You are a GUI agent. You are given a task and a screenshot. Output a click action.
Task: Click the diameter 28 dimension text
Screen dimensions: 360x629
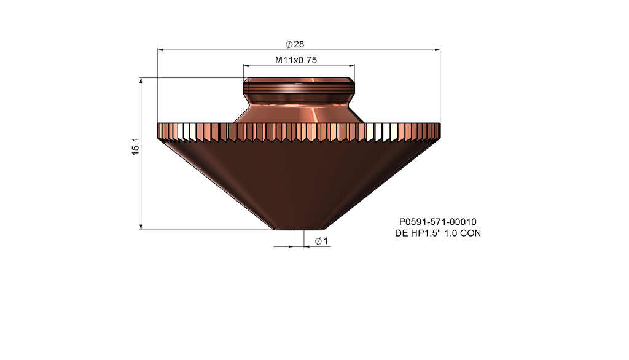tap(295, 44)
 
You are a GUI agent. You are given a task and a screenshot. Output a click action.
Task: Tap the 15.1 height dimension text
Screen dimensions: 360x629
tap(136, 146)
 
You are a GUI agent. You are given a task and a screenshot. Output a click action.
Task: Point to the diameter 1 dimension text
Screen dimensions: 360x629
tap(321, 241)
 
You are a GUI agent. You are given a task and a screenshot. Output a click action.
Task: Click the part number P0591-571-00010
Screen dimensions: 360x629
tap(438, 222)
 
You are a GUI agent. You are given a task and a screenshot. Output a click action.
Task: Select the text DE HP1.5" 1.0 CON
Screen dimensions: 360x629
tap(438, 233)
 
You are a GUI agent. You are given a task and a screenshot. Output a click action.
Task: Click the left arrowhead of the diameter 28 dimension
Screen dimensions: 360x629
tap(161, 50)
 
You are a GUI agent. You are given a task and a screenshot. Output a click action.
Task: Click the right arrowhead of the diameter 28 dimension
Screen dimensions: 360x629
tap(438, 50)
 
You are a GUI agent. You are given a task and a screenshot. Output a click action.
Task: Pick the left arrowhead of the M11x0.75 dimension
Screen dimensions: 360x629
tap(246, 65)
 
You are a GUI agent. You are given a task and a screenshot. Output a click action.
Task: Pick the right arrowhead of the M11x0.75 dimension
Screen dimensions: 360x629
tap(352, 65)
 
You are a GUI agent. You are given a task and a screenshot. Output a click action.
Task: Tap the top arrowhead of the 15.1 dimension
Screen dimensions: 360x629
tap(142, 80)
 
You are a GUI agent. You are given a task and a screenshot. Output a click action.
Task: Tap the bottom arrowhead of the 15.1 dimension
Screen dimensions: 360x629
tap(142, 227)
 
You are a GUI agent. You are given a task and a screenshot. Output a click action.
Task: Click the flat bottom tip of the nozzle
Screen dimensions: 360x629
tap(299, 229)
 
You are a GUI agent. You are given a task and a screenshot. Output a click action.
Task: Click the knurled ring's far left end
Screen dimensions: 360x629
tap(160, 131)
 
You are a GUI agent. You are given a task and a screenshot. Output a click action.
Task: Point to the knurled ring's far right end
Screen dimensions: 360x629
tap(439, 131)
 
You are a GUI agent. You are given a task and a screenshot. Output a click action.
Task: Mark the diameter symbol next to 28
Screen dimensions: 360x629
tap(289, 44)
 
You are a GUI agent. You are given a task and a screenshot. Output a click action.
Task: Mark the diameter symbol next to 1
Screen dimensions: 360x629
tap(318, 241)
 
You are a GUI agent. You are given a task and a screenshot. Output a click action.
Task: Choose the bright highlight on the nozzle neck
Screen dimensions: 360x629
tap(314, 114)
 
